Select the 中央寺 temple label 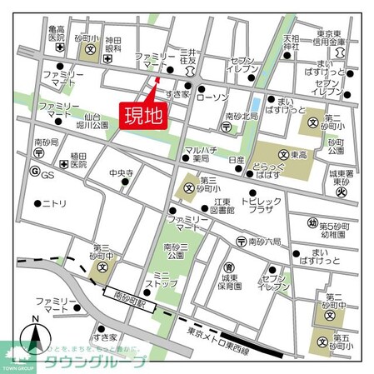pyautogui.click(x=122, y=174)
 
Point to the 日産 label pyautogui.click(x=236, y=160)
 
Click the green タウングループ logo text pyautogui.click(x=96, y=362)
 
